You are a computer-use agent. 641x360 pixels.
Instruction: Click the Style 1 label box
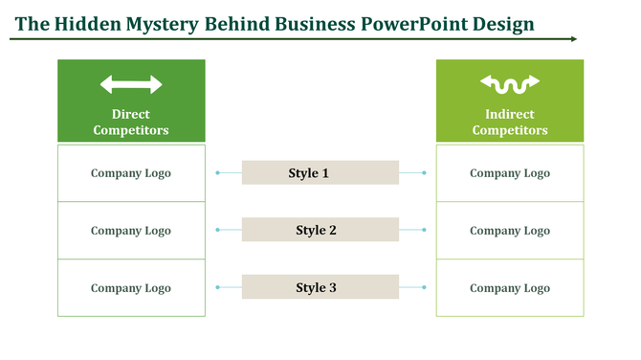(320, 173)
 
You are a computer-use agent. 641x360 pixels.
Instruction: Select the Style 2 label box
(320, 231)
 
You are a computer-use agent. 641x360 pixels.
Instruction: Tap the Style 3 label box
(320, 287)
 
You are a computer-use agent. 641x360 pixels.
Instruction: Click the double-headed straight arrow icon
(131, 85)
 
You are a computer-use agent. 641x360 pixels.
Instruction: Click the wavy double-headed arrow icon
(510, 85)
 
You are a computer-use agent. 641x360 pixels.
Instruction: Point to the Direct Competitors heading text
(131, 123)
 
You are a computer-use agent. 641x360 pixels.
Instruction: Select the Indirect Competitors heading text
(510, 123)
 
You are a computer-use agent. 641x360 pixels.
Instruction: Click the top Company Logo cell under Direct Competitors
(131, 173)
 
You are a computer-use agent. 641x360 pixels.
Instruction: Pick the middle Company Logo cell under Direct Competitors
(131, 231)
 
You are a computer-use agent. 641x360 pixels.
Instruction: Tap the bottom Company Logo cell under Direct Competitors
(131, 288)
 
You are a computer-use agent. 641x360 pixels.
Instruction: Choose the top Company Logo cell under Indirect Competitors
(510, 173)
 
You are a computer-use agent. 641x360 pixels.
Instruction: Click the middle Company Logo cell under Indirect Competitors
(510, 231)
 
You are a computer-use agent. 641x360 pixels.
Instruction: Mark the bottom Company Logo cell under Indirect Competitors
(510, 288)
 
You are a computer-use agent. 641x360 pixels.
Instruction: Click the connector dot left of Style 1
(218, 173)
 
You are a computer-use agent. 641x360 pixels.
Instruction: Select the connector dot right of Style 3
(424, 287)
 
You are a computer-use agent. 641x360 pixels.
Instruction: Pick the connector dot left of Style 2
(218, 231)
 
